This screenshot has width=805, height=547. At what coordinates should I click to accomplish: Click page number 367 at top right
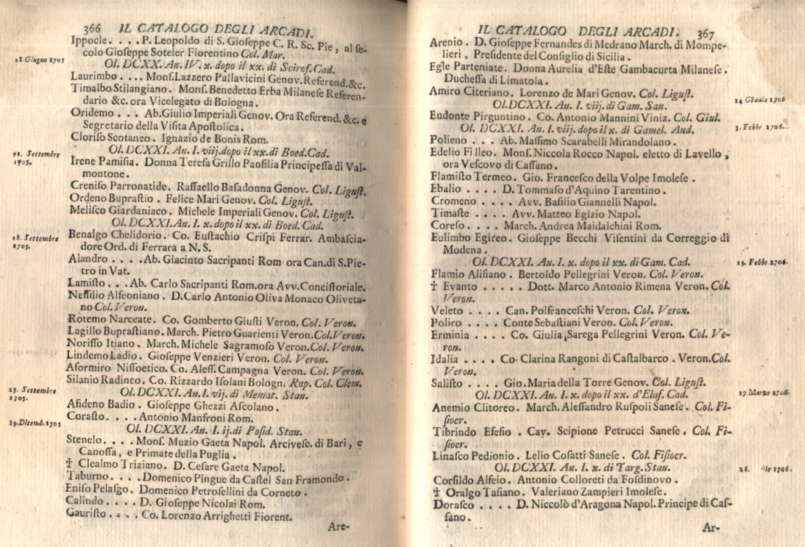[x=704, y=33]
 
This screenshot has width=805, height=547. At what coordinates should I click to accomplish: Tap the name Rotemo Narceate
[x=108, y=319]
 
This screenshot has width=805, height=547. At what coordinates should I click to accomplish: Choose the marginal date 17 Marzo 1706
[x=764, y=393]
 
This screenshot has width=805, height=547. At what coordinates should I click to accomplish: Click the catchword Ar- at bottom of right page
[x=710, y=527]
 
